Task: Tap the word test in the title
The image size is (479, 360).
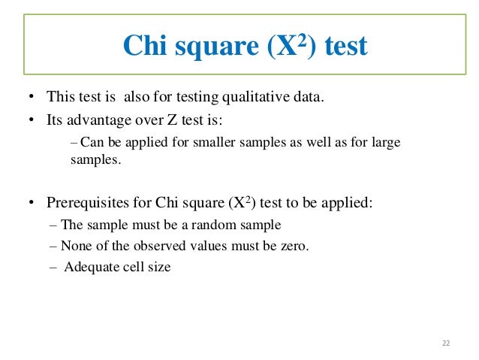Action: coord(342,47)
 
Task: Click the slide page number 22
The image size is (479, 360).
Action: coord(446,343)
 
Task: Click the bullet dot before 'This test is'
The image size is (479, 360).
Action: coord(31,98)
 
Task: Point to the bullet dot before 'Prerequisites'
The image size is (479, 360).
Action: coord(31,203)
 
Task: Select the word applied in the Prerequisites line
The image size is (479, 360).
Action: coord(349,202)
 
